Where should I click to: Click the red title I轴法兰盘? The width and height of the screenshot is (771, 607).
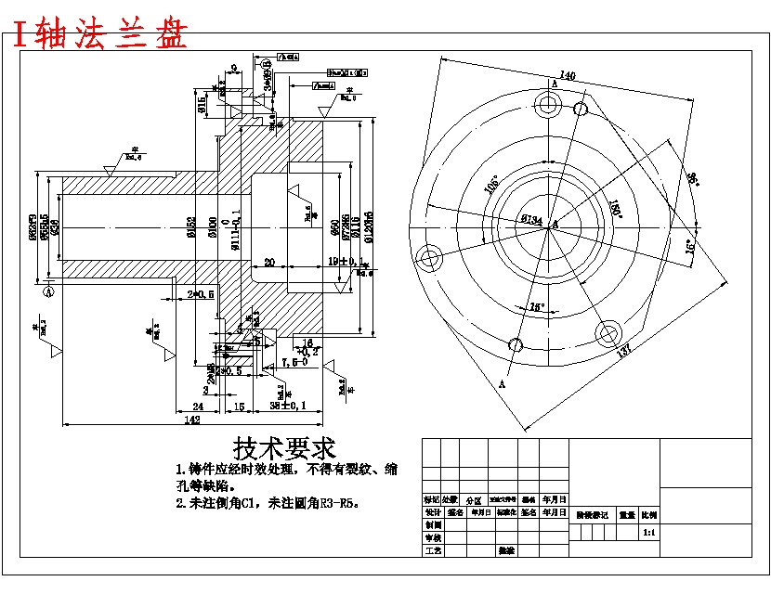pos(100,34)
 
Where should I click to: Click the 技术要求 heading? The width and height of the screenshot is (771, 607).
pos(284,450)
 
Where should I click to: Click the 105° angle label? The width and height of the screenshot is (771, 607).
pos(491,185)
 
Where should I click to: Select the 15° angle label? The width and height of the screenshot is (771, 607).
pos(536,306)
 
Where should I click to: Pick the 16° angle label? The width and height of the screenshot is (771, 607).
pos(688,248)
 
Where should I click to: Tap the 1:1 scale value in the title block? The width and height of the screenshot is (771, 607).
pos(648,534)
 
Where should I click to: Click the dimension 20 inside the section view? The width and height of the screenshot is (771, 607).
pos(269,263)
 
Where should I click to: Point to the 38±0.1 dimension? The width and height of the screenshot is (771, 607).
pos(289,406)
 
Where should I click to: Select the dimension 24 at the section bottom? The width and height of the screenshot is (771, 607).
pos(197,406)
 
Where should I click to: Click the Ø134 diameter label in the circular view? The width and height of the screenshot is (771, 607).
pos(531,220)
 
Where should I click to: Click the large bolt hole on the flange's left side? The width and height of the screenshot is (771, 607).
pos(429,257)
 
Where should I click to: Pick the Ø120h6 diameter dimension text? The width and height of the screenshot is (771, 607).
pos(369,226)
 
